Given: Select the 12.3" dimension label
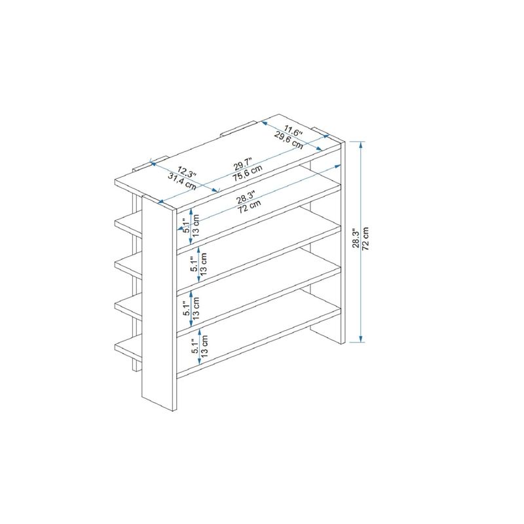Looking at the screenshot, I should tap(186, 172).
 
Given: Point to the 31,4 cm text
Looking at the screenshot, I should tap(181, 181).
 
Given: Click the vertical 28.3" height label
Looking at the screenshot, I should tap(356, 240).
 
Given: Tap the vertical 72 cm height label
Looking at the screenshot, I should tap(367, 240).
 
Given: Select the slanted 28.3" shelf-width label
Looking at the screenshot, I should tap(246, 196).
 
